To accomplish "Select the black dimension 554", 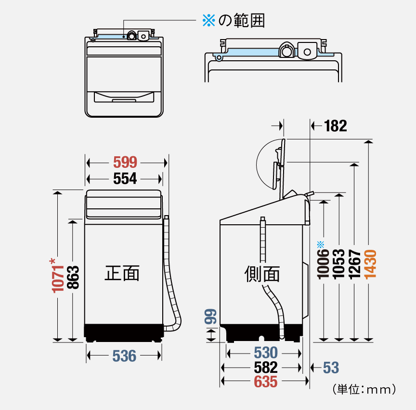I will (125, 179).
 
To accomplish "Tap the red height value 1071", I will (57, 276).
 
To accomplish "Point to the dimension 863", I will (73, 277).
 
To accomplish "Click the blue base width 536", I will (124, 356).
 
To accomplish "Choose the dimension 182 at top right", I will (335, 126).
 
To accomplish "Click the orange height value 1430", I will (370, 264).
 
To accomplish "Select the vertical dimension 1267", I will (354, 264).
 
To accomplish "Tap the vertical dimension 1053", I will (339, 264).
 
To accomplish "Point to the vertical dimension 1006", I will (324, 264).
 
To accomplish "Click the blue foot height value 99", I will (210, 317).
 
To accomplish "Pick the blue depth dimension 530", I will (266, 353).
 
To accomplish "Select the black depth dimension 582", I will (266, 368).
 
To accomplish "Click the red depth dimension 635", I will (266, 382).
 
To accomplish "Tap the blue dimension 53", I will (331, 368).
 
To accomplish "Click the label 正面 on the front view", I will (122, 273).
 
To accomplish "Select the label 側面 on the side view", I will (262, 273).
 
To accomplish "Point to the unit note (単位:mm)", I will (364, 389).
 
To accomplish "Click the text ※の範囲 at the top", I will (234, 20).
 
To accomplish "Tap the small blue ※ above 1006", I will (321, 244).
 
